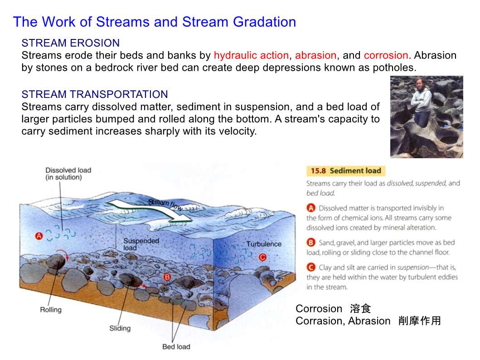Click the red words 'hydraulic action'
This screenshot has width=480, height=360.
pos(251,56)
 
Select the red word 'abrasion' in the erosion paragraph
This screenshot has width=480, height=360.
pos(315,55)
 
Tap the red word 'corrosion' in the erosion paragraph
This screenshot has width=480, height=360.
pos(386,55)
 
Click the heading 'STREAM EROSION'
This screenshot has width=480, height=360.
pos(70,43)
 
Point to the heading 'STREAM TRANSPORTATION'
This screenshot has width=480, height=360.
pos(95,94)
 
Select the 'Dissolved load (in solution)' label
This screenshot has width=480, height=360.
pos(68,174)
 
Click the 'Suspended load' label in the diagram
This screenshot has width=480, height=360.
pos(141,244)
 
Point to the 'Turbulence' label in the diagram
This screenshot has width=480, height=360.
pos(264,244)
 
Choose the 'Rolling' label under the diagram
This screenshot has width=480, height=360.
pos(51,310)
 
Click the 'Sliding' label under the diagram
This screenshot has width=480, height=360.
pos(120,328)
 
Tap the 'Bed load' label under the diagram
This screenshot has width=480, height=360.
pos(176,346)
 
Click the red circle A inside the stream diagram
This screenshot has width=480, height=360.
pos(39,236)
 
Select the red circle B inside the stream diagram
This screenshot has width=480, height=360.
pos(167,277)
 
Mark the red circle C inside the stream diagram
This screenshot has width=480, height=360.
pos(262,257)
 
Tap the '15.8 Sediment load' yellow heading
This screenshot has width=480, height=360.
pos(346,171)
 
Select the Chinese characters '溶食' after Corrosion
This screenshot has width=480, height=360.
pos(360,309)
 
